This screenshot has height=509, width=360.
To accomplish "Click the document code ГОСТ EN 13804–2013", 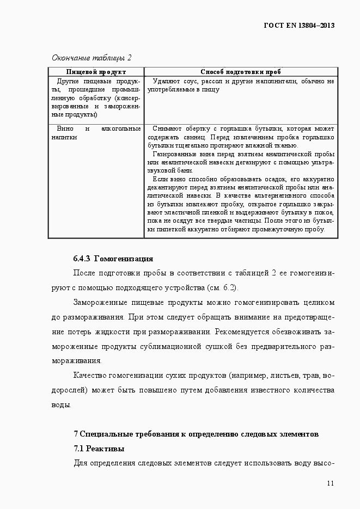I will pos(299,26).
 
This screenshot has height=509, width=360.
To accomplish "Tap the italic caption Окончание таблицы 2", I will pos(91,58).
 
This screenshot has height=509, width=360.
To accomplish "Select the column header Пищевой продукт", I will pos(96,71).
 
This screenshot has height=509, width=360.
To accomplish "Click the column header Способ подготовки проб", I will pos(241,71).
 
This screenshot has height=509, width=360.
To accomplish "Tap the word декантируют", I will pos(167,187).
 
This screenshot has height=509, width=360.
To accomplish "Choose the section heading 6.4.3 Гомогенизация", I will pos(113,259).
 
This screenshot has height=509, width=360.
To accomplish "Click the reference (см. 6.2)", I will pos(223,287).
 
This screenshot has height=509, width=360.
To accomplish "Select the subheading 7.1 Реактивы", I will pos(99,449).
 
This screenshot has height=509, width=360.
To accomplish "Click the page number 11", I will pos(330,483).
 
